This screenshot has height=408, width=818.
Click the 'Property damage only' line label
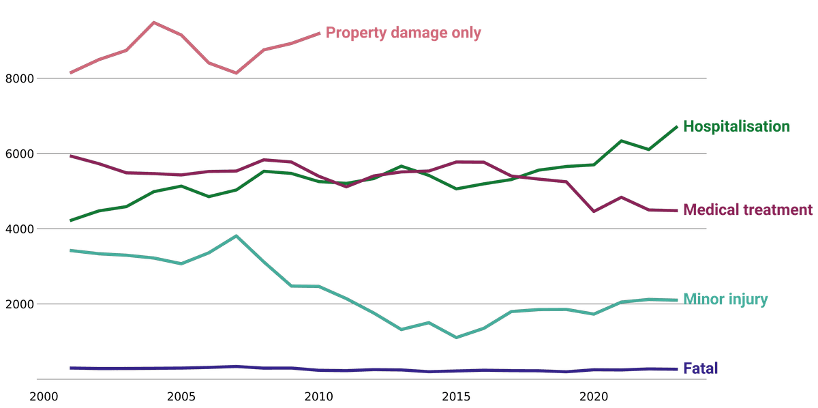[403, 33]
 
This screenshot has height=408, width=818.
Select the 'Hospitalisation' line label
[736, 127]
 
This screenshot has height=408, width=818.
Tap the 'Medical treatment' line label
[748, 210]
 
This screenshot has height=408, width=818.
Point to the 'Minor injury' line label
[725, 300]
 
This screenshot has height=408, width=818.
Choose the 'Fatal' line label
[700, 369]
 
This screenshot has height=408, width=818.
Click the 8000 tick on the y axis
[18, 79]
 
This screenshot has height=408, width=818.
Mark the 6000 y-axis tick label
[18, 154]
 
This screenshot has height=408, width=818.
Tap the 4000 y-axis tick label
[18, 229]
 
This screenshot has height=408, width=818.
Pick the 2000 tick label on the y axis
[18, 304]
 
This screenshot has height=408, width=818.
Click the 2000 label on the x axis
[44, 396]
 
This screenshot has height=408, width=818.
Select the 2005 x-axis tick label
[181, 396]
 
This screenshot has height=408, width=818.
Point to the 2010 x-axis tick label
[318, 396]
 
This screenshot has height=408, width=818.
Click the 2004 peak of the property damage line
[153, 23]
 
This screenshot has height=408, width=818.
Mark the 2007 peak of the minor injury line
[236, 236]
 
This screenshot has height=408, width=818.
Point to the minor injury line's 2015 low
[456, 337]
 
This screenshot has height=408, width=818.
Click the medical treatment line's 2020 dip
[594, 212]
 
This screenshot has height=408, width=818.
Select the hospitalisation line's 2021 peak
[621, 141]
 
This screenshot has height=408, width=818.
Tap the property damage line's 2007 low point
[236, 73]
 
